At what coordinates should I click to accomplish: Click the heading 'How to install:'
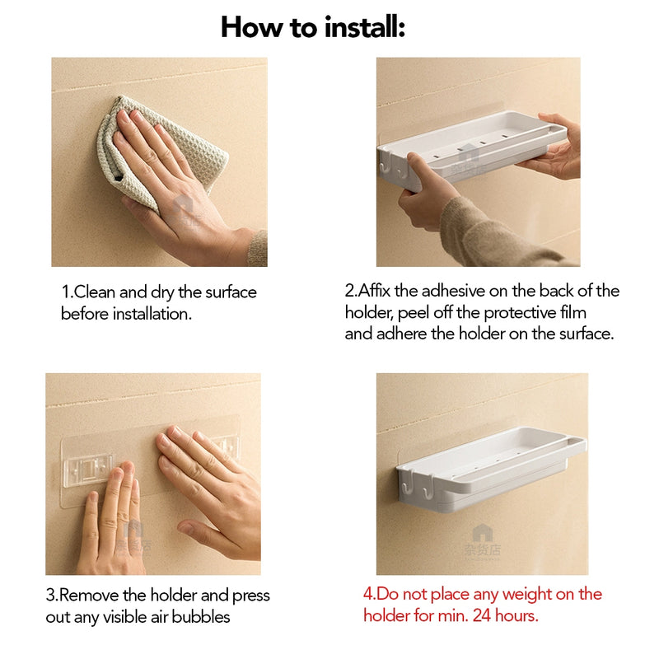point(312,28)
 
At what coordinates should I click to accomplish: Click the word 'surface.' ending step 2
point(586,334)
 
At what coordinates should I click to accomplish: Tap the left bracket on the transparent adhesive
point(86,470)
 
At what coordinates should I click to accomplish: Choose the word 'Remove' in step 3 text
point(87,596)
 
